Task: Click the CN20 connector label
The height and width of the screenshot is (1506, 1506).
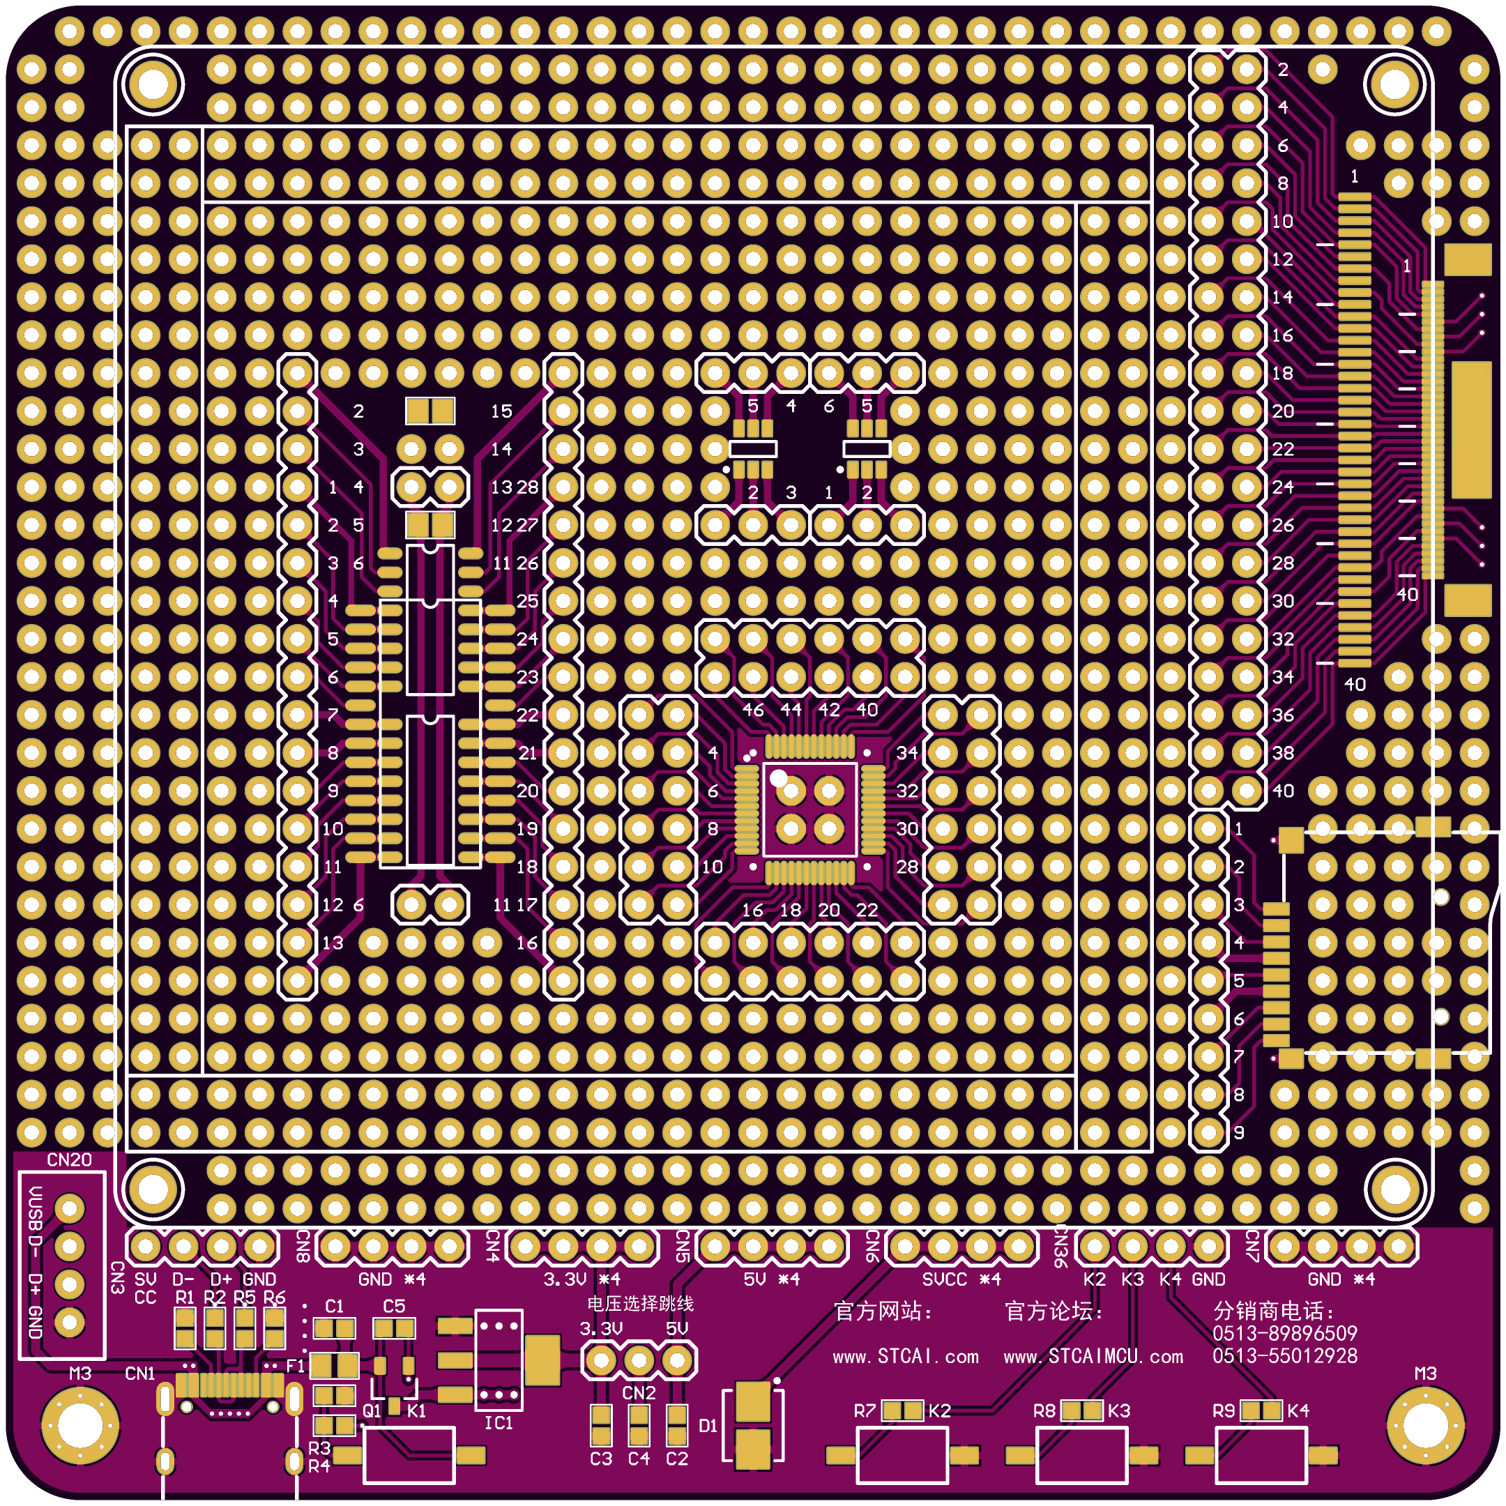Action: click(70, 1160)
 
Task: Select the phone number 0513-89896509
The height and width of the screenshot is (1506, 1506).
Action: click(1284, 1334)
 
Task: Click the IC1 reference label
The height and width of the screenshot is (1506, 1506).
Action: click(499, 1423)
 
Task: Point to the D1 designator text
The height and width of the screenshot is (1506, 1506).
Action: click(708, 1426)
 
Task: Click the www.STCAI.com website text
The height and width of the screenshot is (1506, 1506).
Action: click(906, 1357)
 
